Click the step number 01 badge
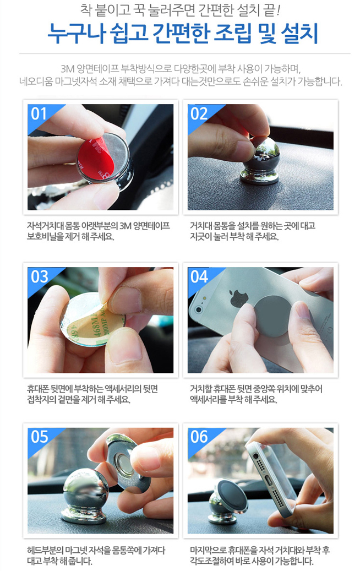[x=39, y=113]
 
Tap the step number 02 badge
[x=199, y=113]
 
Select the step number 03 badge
[x=39, y=277]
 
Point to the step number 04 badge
[x=199, y=277]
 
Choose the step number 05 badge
[x=39, y=437]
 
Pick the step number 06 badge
[x=199, y=437]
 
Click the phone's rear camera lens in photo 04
[x=199, y=309]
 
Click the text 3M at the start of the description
[x=67, y=69]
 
